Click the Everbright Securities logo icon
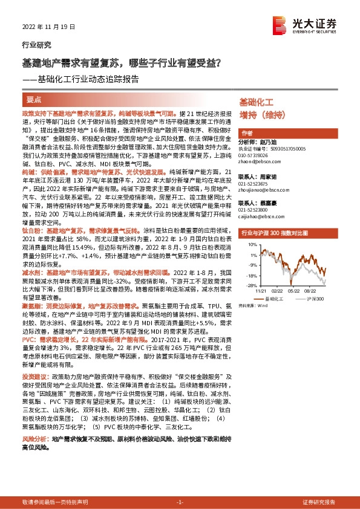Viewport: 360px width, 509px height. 279,24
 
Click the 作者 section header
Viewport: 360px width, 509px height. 247,133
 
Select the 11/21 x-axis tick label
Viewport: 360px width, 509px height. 261,290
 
